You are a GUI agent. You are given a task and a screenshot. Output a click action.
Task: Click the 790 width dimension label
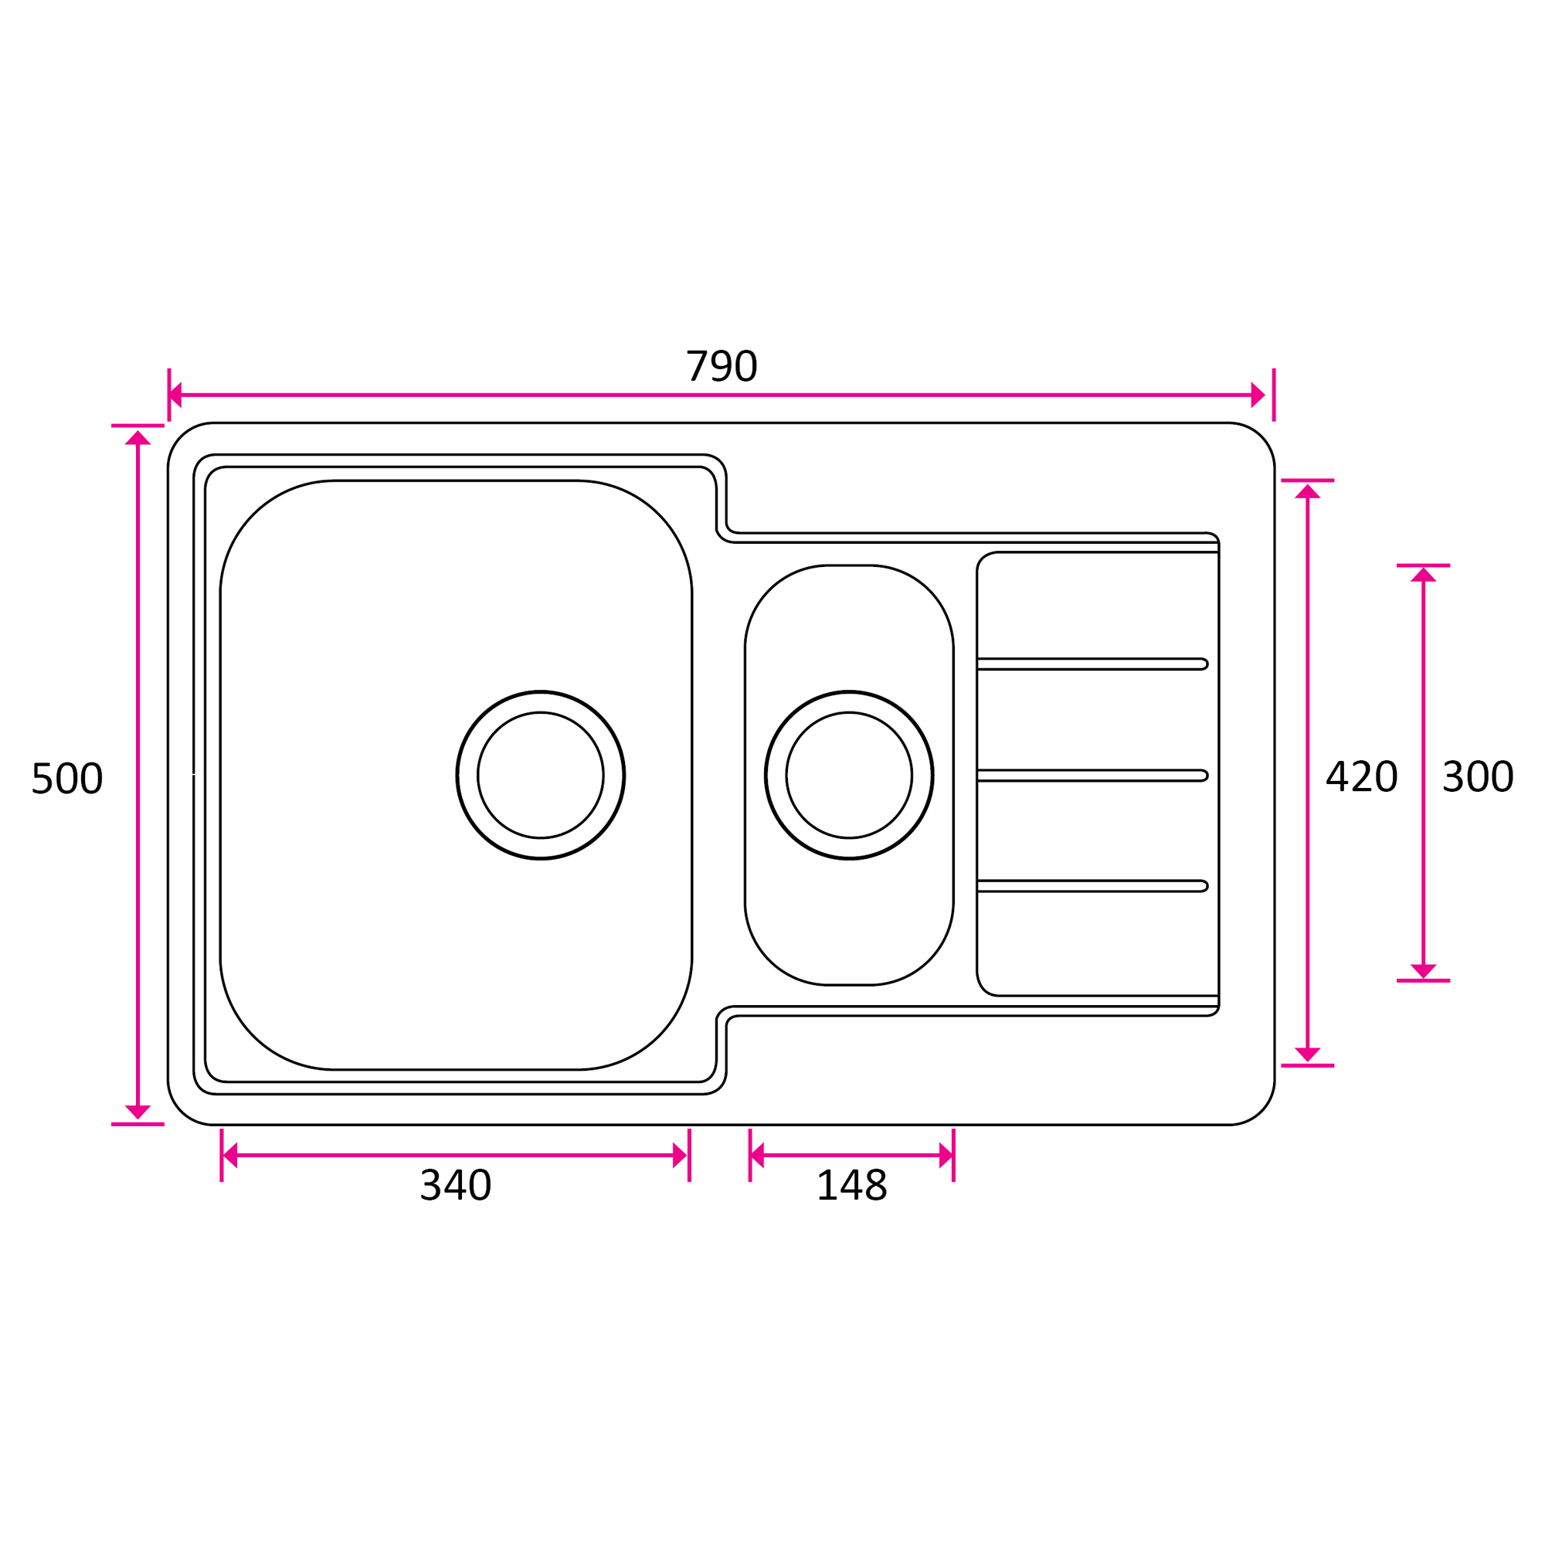[x=722, y=366]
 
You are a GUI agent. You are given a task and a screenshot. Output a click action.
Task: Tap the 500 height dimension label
[x=67, y=778]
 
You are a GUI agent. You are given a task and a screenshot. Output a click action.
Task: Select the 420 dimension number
[x=1362, y=776]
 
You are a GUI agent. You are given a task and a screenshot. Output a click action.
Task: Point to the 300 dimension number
[x=1478, y=776]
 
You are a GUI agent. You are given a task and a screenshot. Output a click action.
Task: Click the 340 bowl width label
[x=456, y=1185]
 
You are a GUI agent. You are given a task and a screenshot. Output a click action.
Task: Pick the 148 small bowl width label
[x=851, y=1185]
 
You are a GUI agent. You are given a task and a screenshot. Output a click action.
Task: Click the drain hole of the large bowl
[x=541, y=775]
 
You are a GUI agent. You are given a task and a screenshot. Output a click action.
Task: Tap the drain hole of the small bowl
[x=849, y=775]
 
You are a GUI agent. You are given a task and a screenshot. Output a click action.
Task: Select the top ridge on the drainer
[x=1092, y=664]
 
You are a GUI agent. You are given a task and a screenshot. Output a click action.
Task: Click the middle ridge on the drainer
[x=1092, y=776]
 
